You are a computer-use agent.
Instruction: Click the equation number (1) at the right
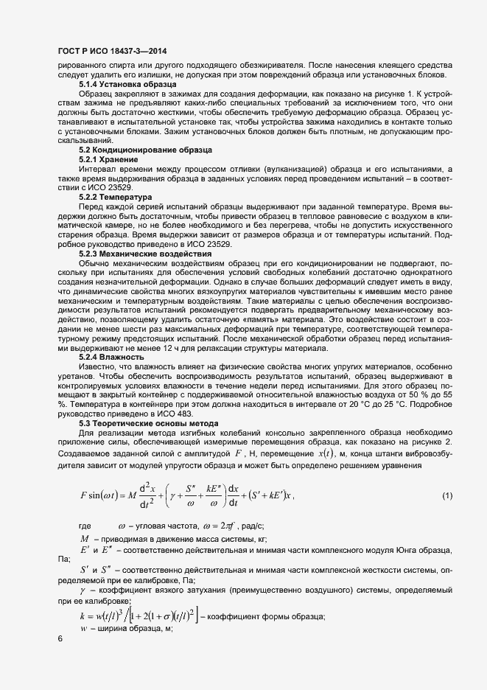[x=447, y=495]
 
